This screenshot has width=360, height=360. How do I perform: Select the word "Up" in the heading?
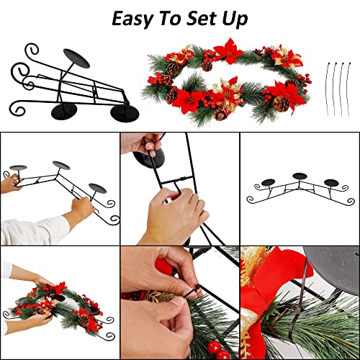click(235, 19)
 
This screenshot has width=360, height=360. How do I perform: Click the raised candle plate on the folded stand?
click(76, 58)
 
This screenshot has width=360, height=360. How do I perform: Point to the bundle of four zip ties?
click(338, 89)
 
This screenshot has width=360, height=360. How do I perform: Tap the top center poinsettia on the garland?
click(228, 51)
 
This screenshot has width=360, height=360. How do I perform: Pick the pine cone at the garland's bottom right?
click(281, 104)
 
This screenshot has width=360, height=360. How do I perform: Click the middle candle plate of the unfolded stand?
click(300, 176)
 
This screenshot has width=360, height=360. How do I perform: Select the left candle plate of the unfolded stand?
click(269, 183)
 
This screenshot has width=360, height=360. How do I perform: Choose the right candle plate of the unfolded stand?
click(331, 182)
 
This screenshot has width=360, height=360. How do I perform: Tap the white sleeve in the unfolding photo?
click(34, 230)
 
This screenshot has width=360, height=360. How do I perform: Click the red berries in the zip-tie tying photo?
click(218, 350)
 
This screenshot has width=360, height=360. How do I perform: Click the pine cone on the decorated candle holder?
click(84, 320)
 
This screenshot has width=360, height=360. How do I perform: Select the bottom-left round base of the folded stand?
click(64, 112)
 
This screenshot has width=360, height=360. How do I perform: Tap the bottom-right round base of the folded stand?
click(125, 113)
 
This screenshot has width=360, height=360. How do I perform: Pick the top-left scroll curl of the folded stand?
click(32, 50)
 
